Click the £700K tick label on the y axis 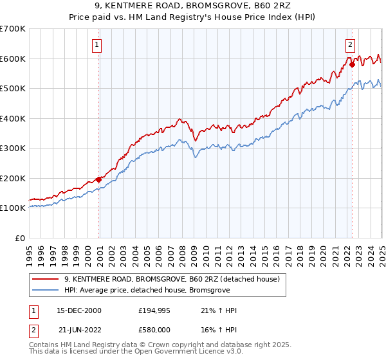(13, 29)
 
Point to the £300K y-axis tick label (13, 148)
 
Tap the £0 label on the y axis (20, 238)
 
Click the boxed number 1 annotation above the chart (96, 45)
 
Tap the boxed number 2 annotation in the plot (351, 45)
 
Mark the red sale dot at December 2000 (98, 179)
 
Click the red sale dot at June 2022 (352, 64)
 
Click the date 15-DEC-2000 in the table (79, 310)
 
